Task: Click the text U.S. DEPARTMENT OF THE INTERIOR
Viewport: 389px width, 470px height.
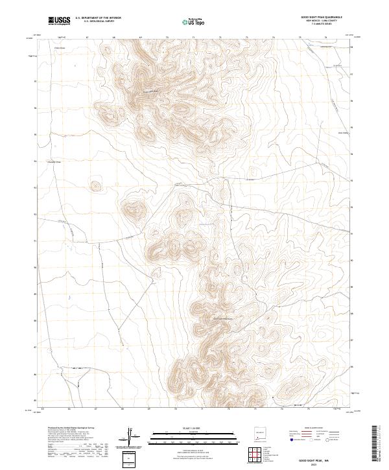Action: tap(98, 18)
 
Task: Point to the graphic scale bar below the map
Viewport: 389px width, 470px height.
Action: tap(182, 436)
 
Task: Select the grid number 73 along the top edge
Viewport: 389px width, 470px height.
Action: tap(247, 38)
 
